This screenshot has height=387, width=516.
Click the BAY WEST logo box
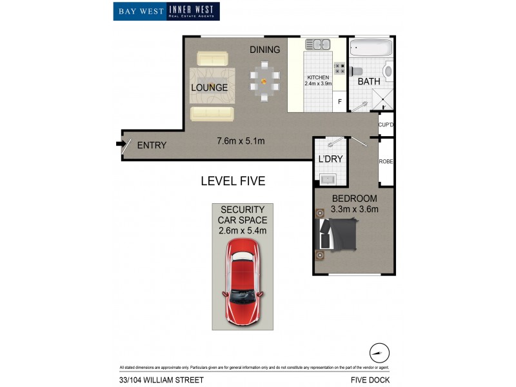[140, 11]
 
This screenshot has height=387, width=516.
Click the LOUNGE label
[209, 87]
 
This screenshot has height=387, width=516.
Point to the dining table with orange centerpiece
[263, 81]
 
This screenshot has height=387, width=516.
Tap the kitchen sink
[317, 45]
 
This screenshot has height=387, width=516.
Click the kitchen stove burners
[339, 66]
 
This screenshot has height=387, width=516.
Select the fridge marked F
[339, 101]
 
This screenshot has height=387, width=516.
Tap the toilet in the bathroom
[387, 70]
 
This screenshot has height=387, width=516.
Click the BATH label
[369, 82]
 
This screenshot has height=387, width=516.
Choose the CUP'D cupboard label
[386, 124]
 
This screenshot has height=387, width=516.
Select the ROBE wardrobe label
[386, 161]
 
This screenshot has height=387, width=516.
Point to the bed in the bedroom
[337, 233]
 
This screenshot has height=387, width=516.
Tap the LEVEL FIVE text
[233, 181]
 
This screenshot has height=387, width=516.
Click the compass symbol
[380, 353]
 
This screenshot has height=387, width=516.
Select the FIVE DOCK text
[370, 380]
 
